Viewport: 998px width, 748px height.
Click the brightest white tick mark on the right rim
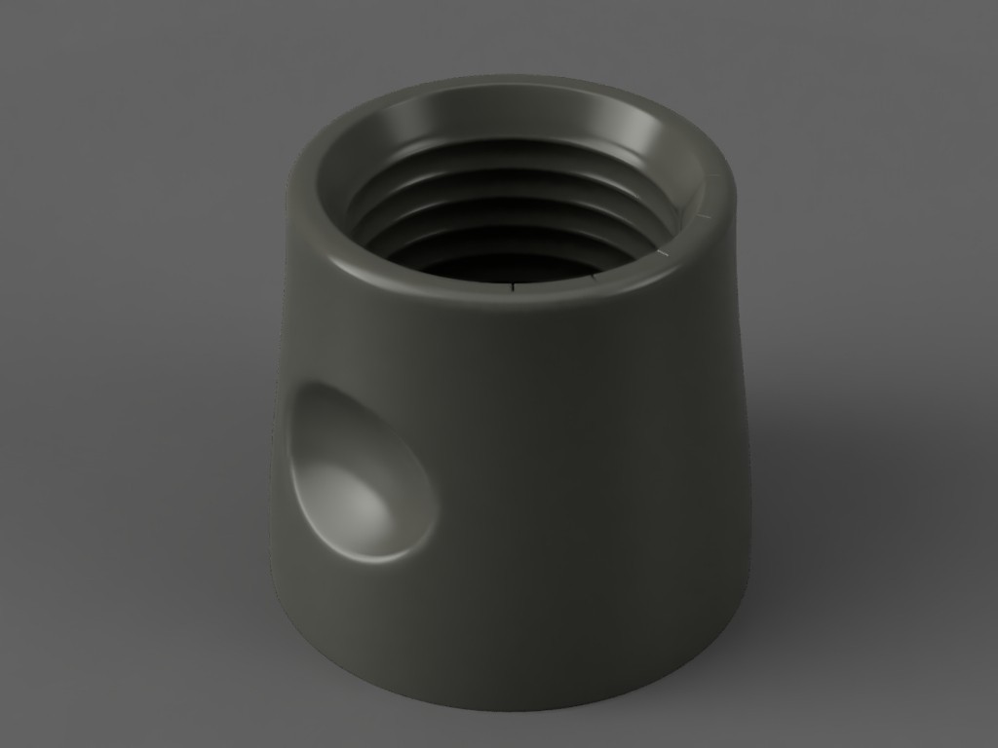(665, 254)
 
